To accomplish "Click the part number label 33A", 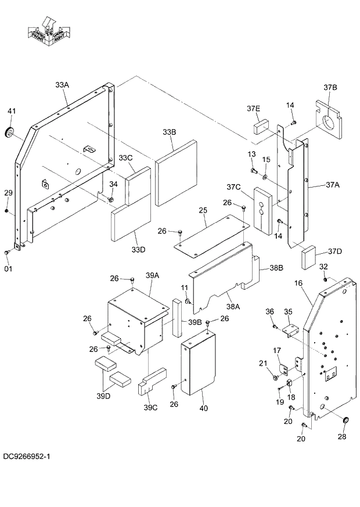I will (x=62, y=85).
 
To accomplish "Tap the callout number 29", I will (x=8, y=193).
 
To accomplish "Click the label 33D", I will (x=138, y=250).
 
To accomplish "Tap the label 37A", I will (x=332, y=185).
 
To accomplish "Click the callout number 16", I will (x=298, y=283).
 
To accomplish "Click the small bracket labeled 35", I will (x=290, y=329).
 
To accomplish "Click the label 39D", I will (x=104, y=396).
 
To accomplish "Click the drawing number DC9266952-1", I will (x=26, y=457).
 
